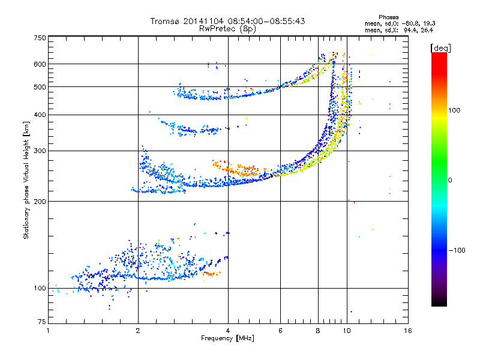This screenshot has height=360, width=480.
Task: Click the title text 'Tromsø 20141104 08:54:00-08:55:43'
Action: [x=228, y=21]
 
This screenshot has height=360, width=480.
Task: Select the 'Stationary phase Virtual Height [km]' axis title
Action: [x=26, y=180]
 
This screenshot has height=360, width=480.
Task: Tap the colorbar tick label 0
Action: [x=449, y=180]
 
